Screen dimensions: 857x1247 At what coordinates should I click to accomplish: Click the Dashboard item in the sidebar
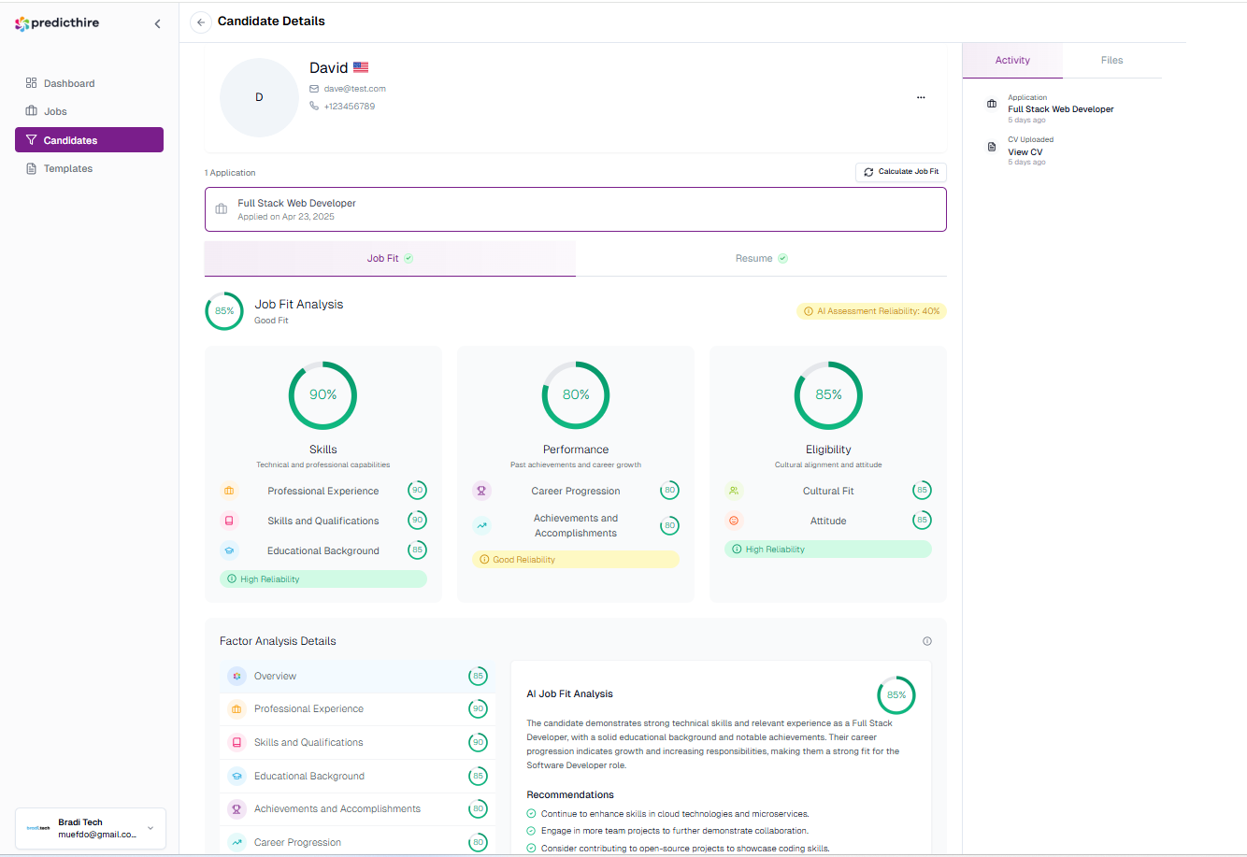pos(68,83)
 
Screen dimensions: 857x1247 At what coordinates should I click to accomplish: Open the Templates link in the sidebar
pos(67,168)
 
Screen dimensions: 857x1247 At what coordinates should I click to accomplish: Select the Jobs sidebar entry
pos(55,111)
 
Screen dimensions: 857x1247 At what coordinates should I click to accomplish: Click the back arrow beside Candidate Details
pos(201,22)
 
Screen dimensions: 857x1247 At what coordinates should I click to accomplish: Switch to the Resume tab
pos(761,258)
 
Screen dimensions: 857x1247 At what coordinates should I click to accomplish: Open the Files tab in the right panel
pos(1111,60)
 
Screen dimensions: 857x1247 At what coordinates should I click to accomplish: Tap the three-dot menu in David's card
pos(921,97)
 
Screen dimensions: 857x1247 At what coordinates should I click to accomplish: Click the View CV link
pos(1025,152)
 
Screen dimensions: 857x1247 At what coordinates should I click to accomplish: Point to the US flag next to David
pos(361,67)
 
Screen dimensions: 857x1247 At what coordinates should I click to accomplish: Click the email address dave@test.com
pos(354,89)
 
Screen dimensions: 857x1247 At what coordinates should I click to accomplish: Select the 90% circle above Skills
pos(322,395)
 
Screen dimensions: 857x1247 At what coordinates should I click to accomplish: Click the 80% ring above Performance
pos(576,395)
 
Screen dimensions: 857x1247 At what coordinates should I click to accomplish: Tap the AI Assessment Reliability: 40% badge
pos(871,311)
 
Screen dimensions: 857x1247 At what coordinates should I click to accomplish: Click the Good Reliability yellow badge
pos(575,560)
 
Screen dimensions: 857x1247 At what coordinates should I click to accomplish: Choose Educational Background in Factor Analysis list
pos(309,776)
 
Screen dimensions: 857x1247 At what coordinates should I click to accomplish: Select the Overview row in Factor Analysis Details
pos(275,676)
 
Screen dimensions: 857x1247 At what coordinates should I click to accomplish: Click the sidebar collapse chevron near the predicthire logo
pos(157,23)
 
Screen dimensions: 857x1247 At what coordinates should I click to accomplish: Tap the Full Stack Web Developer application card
pos(575,209)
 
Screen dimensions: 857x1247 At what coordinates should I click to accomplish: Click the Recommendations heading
pos(570,794)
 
